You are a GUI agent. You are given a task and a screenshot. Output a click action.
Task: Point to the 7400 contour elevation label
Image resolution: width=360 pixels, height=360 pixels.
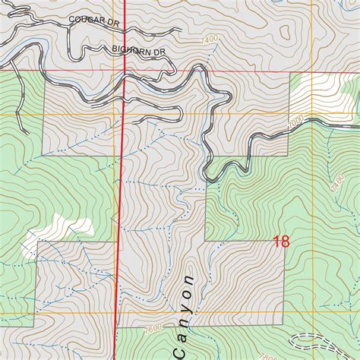click(210, 39)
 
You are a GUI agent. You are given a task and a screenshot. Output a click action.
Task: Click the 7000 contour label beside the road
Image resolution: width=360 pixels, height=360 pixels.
click(295, 121)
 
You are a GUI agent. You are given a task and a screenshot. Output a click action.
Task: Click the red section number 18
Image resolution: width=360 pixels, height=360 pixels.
click(280, 242)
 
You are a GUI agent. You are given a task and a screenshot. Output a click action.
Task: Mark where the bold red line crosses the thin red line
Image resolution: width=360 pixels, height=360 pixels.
click(124, 71)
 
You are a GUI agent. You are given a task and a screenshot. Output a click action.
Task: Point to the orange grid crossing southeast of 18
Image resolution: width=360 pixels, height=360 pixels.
click(289, 311)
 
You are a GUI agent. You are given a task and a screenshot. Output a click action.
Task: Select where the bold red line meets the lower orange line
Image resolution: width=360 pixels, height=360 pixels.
click(116, 311)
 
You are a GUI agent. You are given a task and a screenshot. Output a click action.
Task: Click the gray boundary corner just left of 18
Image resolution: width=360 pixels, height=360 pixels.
click(207, 242)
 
